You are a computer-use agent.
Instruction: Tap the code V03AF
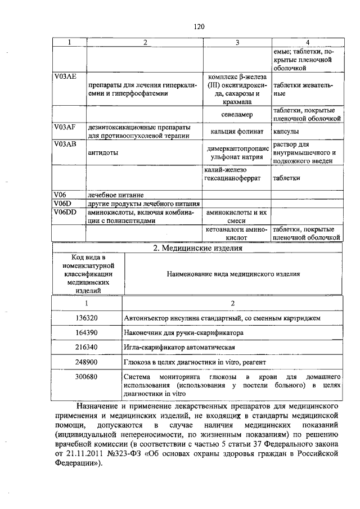65,127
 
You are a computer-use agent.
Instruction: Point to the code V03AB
65,144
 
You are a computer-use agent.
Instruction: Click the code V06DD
65,213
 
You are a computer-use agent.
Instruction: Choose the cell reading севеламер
236,115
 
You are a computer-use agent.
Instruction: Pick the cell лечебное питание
111,195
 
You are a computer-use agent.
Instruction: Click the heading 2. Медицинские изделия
197,248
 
